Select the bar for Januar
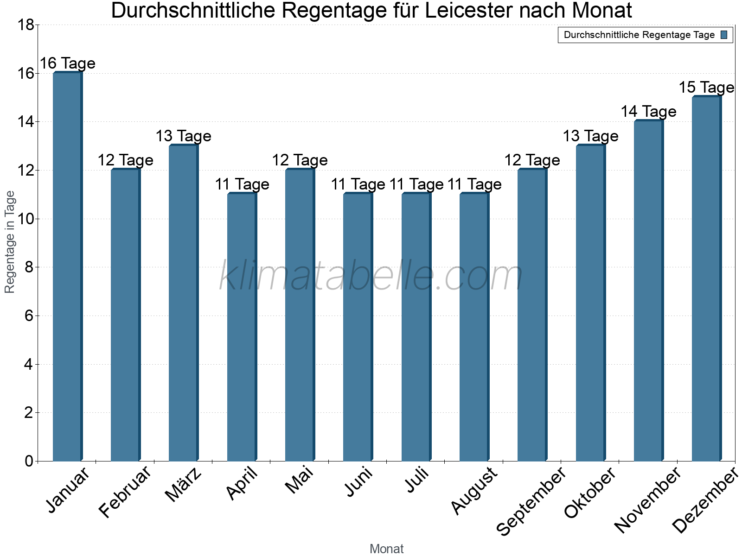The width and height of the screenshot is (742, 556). click(x=68, y=266)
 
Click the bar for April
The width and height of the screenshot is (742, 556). click(x=242, y=327)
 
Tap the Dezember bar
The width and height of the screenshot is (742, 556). click(x=706, y=278)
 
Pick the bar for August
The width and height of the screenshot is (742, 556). click(x=474, y=327)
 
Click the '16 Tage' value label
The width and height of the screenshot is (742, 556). click(x=68, y=63)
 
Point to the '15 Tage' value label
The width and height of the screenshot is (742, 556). click(x=706, y=87)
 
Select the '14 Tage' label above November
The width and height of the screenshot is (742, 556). click(x=648, y=111)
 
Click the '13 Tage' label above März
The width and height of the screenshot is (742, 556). click(x=184, y=136)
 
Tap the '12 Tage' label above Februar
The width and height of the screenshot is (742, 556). click(x=126, y=160)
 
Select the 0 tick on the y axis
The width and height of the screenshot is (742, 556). click(x=29, y=461)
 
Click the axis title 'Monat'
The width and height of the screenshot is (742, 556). click(x=386, y=549)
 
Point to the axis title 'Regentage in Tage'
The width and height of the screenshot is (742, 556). click(x=10, y=242)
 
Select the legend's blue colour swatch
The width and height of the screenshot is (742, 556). click(x=724, y=35)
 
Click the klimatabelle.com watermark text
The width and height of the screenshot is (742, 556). click(x=371, y=276)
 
